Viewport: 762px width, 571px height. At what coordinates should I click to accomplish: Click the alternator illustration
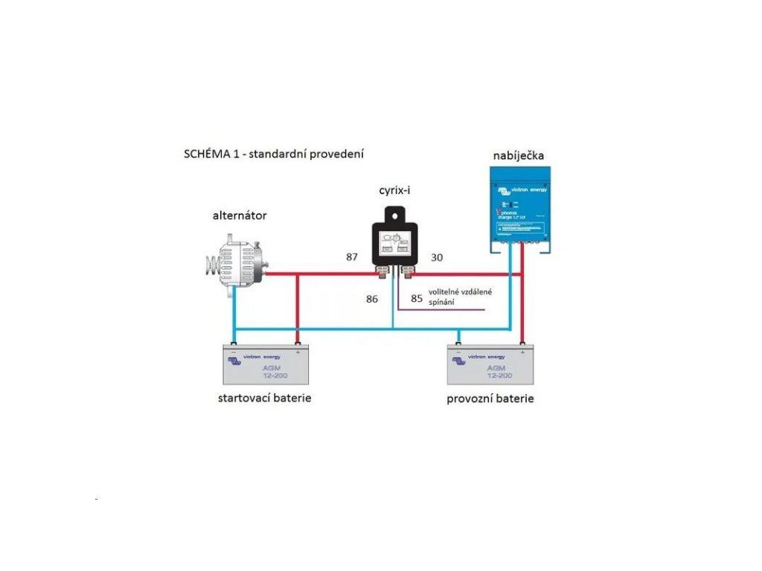click(x=235, y=259)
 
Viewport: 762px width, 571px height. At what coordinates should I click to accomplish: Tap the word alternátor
click(x=240, y=216)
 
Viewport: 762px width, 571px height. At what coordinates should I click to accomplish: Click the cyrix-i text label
click(x=394, y=191)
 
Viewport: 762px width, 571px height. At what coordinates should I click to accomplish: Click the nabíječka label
click(x=519, y=155)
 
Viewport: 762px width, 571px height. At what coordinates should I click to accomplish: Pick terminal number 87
click(x=352, y=257)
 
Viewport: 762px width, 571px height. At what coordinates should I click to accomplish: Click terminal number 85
click(x=416, y=298)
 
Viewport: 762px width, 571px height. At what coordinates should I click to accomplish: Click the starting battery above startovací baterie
click(x=266, y=364)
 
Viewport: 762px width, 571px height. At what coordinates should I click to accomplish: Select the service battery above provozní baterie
click(x=490, y=364)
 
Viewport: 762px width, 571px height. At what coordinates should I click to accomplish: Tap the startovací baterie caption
click(x=264, y=398)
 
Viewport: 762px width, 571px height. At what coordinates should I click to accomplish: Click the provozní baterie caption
click(x=490, y=399)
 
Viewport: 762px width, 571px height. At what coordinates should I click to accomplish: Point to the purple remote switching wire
click(x=446, y=309)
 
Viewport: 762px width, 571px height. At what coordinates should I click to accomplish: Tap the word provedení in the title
click(x=338, y=155)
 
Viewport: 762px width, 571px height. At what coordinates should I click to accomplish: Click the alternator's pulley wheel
click(x=213, y=263)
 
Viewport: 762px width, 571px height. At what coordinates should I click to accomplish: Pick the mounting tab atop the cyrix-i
click(x=395, y=213)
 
